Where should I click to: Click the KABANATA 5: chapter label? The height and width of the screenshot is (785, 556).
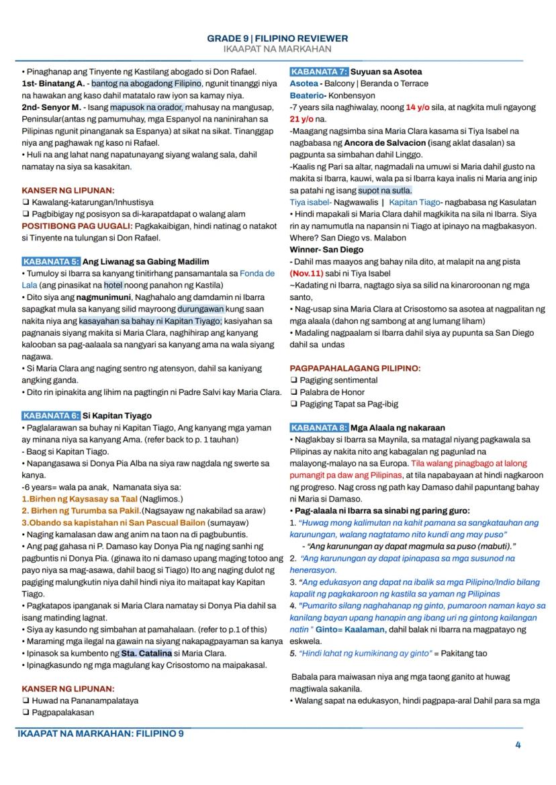51,261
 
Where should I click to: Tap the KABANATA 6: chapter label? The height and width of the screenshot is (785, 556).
51,416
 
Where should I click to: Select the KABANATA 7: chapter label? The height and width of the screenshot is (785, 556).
320,71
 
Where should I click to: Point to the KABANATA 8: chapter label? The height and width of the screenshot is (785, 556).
320,428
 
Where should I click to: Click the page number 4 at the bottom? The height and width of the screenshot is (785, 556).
518,744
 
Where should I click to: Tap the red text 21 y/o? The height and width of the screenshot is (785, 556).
302,119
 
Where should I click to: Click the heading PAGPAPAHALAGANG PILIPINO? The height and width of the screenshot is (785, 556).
355,368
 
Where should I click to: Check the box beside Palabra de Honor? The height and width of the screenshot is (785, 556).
293,392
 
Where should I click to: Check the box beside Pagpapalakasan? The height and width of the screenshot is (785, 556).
25,712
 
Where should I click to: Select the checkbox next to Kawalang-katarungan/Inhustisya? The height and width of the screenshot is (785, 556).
25,201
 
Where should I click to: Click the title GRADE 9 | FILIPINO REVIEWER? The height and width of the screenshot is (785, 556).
277,40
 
